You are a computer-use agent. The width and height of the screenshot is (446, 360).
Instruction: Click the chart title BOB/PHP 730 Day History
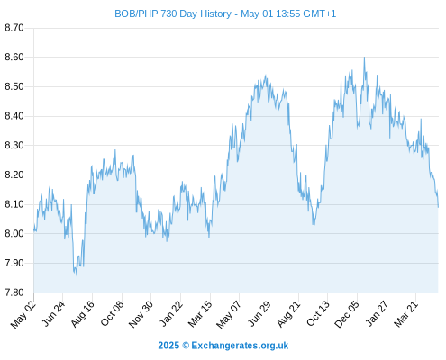coord(173,13)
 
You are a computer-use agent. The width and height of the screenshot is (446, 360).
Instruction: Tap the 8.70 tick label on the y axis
coord(14,28)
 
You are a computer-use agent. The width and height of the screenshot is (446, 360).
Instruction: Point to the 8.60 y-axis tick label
coord(14,57)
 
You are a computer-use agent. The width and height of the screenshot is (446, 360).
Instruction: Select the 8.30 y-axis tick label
coord(14,146)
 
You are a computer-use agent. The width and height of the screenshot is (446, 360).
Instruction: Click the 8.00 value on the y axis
coord(14,234)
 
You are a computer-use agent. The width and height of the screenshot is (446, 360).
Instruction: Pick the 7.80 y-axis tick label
coord(14,292)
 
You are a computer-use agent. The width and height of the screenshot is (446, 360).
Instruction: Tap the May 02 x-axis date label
coord(23,314)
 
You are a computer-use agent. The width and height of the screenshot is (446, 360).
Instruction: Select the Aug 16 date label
coord(82,314)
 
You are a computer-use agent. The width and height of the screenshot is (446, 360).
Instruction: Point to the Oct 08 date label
coord(112,314)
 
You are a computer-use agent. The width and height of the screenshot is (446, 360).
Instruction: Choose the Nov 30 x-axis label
coord(141,314)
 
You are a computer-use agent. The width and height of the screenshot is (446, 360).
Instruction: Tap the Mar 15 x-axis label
coord(200,314)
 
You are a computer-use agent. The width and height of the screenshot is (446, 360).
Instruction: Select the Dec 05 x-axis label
coord(347,314)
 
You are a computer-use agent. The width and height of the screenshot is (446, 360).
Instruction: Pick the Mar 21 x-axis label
coord(405,314)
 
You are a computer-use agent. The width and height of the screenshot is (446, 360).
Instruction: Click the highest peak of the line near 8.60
coord(364,58)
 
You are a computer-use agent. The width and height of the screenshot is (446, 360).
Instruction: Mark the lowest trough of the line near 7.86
coord(76,274)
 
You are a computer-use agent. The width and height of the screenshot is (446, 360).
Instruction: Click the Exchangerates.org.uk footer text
coord(240,346)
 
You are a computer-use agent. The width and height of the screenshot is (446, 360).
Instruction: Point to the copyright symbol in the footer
coord(186,346)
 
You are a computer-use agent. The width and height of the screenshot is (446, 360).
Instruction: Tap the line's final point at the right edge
coord(438,207)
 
